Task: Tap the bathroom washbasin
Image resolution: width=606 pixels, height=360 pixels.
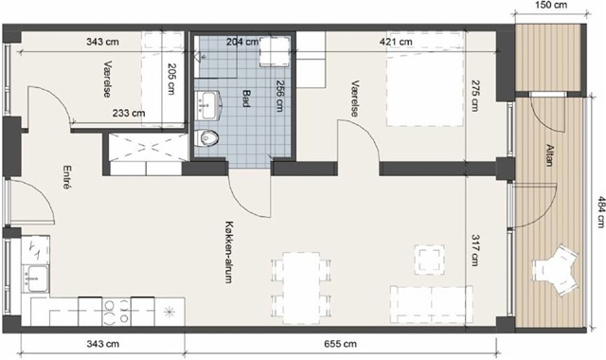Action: pos(207,105)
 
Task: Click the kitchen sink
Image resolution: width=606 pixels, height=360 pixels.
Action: pos(36,278)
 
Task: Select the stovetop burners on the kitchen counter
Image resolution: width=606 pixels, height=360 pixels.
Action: pos(116,312)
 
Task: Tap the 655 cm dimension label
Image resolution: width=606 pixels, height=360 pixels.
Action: pos(340,344)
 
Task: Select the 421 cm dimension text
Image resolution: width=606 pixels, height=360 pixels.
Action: pos(396,42)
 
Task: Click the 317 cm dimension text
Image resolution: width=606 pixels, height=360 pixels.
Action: pos(475,250)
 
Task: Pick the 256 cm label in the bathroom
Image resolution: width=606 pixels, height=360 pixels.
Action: pos(280,96)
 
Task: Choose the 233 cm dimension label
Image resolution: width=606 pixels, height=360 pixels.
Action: pos(129,114)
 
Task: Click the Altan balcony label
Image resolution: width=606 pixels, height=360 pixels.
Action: pos(549,155)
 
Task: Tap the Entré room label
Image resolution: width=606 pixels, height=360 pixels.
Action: pos(67,177)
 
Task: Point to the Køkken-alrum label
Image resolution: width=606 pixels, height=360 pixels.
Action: pos(229,253)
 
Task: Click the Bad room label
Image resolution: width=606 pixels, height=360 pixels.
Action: pos(246,98)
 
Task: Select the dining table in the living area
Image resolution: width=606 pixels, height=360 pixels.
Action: pos(301,288)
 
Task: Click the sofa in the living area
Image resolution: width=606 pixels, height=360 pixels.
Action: pos(432,304)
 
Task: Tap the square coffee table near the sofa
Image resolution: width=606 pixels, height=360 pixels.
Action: pos(429,260)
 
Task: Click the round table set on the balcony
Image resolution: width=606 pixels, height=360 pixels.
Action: pos(556,270)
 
